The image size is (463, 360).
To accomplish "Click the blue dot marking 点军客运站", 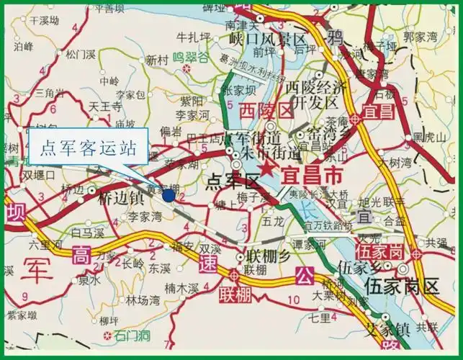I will coord(168,194).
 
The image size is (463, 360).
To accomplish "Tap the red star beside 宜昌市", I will coord(268,169).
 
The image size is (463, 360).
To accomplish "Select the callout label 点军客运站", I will coord(88,148).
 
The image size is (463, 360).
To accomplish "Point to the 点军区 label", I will coord(231,180).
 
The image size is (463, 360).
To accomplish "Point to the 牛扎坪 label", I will coord(192,36).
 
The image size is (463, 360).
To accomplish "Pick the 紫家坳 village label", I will coord(22,315).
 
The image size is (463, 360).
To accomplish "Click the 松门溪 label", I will coord(81,53).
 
